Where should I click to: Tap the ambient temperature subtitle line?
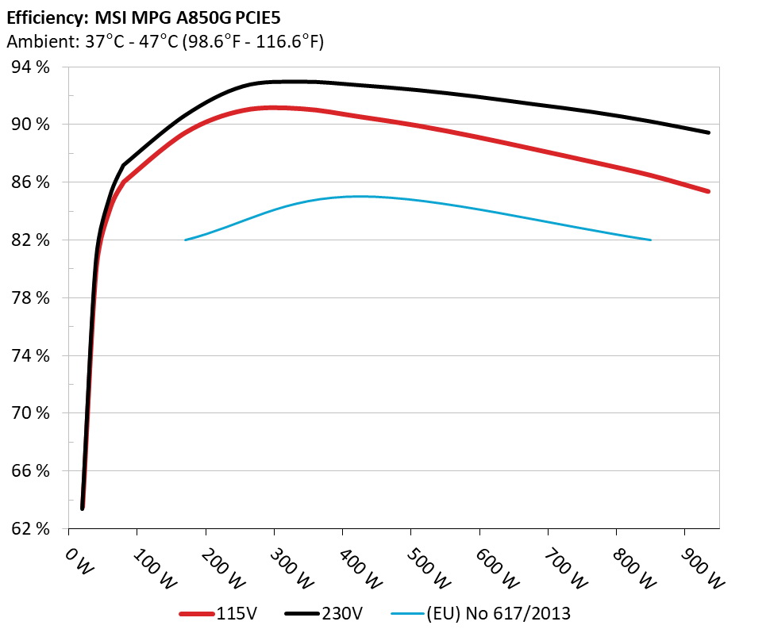[x=164, y=41]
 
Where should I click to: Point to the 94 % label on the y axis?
[x=31, y=67]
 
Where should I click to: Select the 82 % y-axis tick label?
[x=31, y=240]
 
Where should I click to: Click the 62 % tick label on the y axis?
[x=31, y=528]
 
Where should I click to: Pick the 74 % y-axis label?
[x=31, y=355]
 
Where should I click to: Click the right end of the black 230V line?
[x=708, y=132]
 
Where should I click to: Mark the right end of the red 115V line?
[x=708, y=191]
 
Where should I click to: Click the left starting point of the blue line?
[x=186, y=240]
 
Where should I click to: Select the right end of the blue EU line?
[x=651, y=240]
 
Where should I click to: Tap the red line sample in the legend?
[x=197, y=613]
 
